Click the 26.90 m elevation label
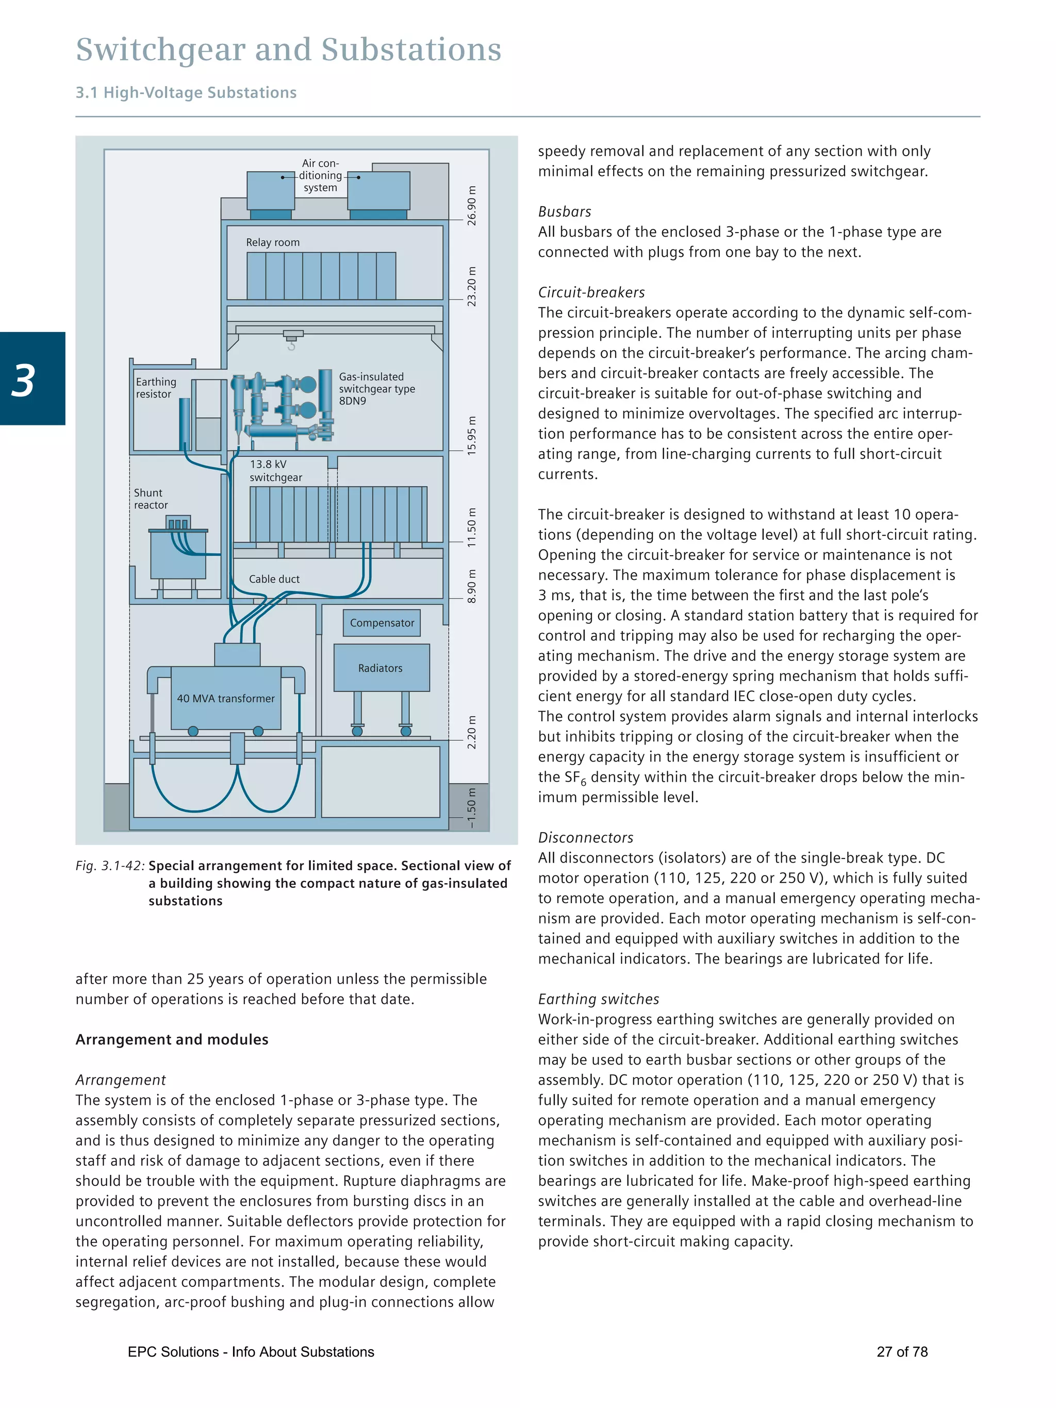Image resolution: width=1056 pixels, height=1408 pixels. pyautogui.click(x=472, y=206)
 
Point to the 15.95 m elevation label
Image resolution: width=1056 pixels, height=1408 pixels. pyautogui.click(x=472, y=435)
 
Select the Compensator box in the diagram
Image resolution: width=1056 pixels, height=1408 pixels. pyautogui.click(x=382, y=622)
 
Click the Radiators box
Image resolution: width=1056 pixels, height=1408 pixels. pyautogui.click(x=381, y=668)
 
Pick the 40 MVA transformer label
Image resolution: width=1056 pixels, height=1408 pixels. pyautogui.click(x=225, y=698)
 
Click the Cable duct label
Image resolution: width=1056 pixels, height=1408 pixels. pyautogui.click(x=274, y=578)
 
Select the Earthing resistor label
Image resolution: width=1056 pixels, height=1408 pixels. pyautogui.click(x=155, y=388)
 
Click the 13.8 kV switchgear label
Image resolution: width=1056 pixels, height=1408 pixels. pyautogui.click(x=276, y=470)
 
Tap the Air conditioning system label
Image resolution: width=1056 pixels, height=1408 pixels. pyautogui.click(x=320, y=175)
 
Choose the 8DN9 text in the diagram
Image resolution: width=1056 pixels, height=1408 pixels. pyautogui.click(x=353, y=401)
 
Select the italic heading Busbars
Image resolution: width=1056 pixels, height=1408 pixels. pyautogui.click(x=564, y=211)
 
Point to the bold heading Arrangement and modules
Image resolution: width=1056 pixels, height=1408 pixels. pyautogui.click(x=172, y=1039)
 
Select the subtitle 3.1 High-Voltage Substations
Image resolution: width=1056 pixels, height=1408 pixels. pyautogui.click(x=186, y=92)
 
